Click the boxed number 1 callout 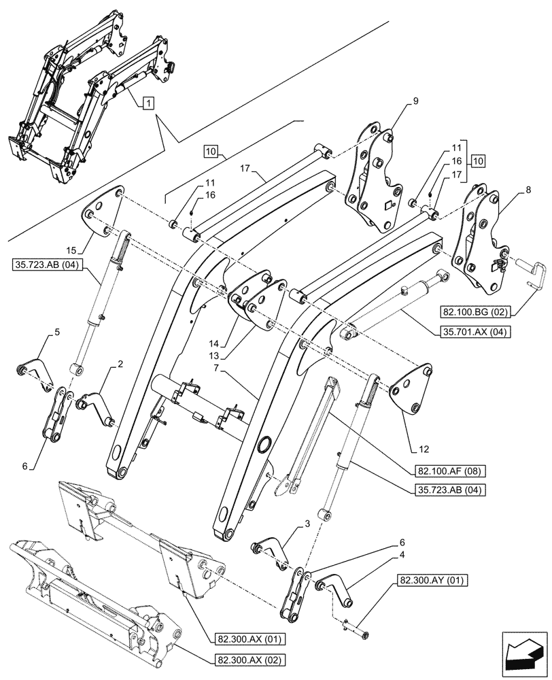pos(148,103)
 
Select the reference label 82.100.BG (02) pos(473,311)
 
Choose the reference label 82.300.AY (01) pos(432,579)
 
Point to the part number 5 pos(57,332)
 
